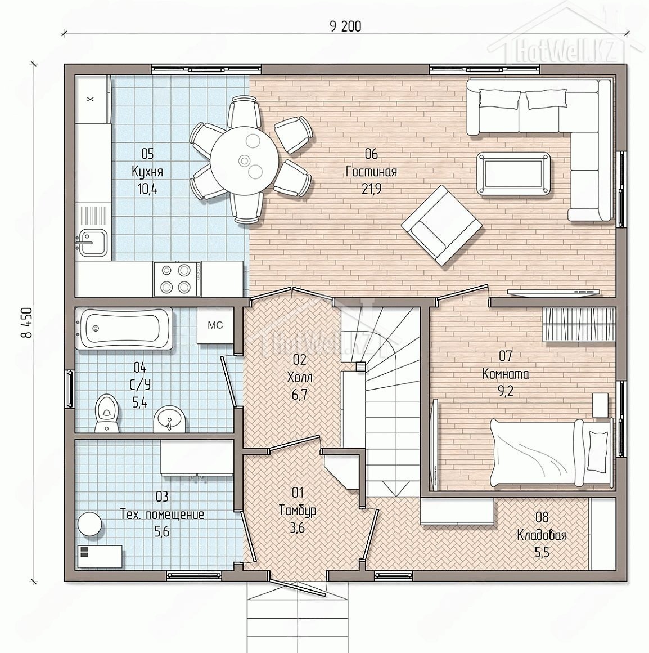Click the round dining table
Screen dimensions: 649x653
[243, 160]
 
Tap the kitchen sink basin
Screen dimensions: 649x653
[92, 243]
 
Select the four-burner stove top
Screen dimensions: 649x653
[177, 279]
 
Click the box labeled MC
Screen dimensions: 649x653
[215, 326]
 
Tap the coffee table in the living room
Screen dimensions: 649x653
[513, 173]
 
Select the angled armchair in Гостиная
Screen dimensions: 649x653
[441, 225]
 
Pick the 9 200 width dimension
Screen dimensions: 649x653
[345, 26]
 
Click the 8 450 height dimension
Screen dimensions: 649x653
[28, 323]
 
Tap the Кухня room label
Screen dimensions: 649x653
[147, 172]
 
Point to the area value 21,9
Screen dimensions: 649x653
[371, 189]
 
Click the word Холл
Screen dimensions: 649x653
[300, 377]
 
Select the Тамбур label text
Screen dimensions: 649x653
[298, 510]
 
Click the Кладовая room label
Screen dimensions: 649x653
[542, 535]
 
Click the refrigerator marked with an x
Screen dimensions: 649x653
[92, 99]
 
